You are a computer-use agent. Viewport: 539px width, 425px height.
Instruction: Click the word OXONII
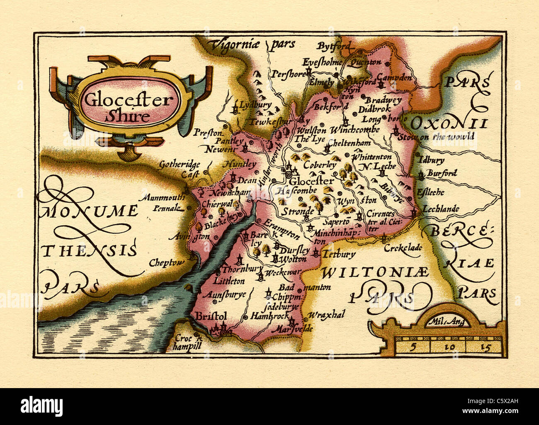pyautogui.click(x=448, y=123)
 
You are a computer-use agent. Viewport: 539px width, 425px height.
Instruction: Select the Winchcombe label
pyautogui.click(x=354, y=130)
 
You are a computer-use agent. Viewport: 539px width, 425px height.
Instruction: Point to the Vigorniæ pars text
pyautogui.click(x=252, y=44)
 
